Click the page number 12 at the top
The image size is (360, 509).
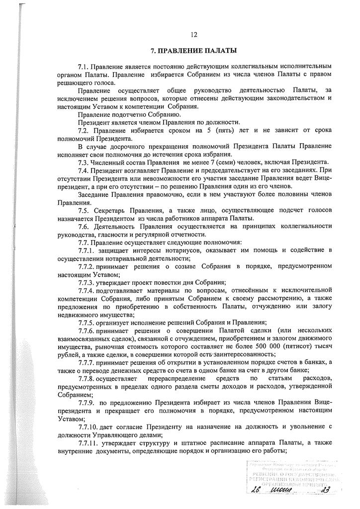[x=194, y=34]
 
